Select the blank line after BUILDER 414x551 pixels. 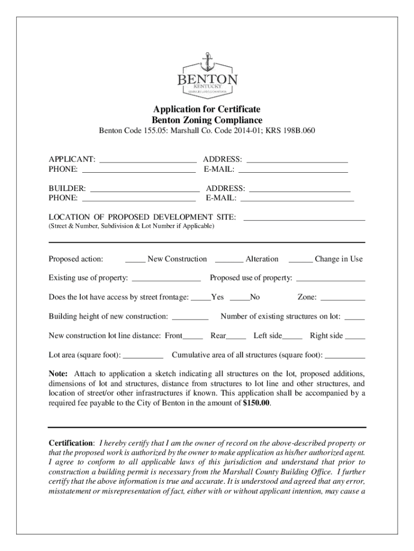click(x=145, y=190)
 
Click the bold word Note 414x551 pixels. click(x=58, y=373)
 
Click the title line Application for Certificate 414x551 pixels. click(x=207, y=110)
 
